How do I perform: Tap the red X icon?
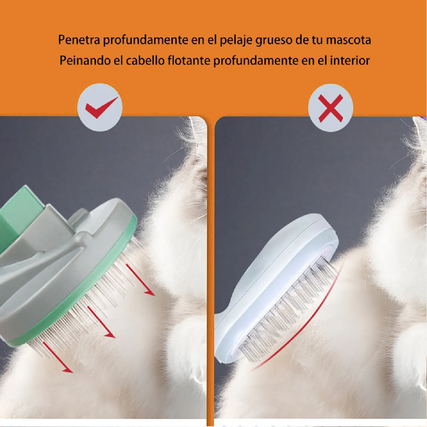[331, 108]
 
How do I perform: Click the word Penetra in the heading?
[79, 40]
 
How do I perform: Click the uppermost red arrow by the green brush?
[141, 281]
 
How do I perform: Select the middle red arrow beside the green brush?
[101, 322]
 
